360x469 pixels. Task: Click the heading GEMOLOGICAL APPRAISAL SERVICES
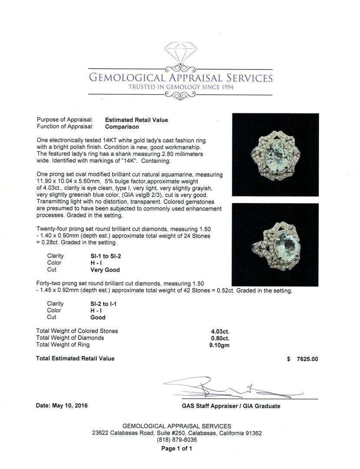181,78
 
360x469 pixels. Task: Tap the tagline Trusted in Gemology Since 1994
181,87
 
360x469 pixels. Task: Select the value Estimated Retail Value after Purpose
136,120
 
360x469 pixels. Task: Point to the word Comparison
122,127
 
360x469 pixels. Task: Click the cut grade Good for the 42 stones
98,317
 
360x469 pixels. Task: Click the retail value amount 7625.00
307,359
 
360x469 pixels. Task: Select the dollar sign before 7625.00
288,359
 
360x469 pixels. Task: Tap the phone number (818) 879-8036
177,439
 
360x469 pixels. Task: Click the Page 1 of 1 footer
177,449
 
